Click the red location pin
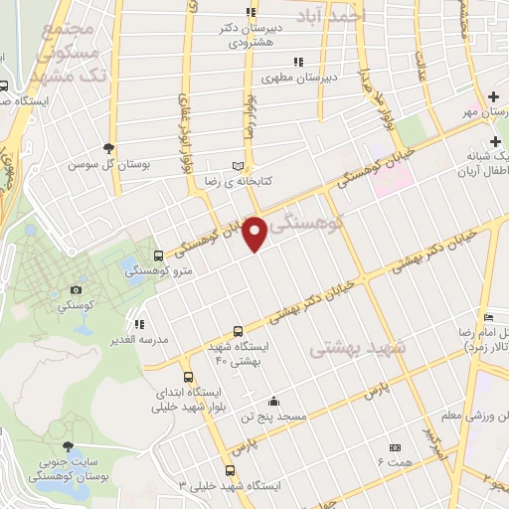coord(255,232)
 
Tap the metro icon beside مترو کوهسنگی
coord(159,256)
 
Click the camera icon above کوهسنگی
coord(76,290)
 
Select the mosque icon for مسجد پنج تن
coord(274,402)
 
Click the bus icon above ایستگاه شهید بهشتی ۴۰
coord(237,331)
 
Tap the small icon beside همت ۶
coord(396,447)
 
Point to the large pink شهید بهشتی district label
coord(358,349)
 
